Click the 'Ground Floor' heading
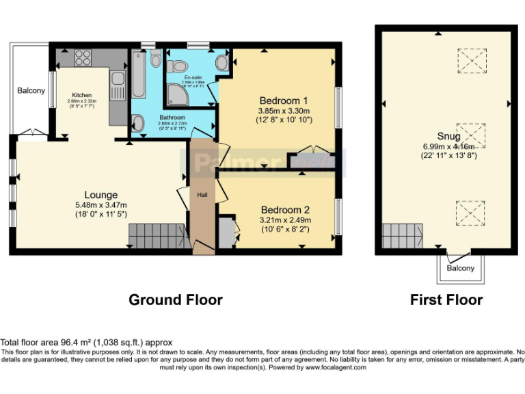(176, 300)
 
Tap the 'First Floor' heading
(446, 300)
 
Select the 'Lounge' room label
(101, 195)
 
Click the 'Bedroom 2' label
(285, 210)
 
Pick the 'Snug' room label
(439, 135)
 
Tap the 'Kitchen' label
(82, 95)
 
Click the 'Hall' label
(203, 195)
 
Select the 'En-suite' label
(183, 78)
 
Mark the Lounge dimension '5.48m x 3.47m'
(101, 205)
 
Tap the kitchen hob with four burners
(83, 55)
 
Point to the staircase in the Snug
(402, 236)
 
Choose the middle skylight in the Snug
(470, 134)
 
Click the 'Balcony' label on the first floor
(460, 268)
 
